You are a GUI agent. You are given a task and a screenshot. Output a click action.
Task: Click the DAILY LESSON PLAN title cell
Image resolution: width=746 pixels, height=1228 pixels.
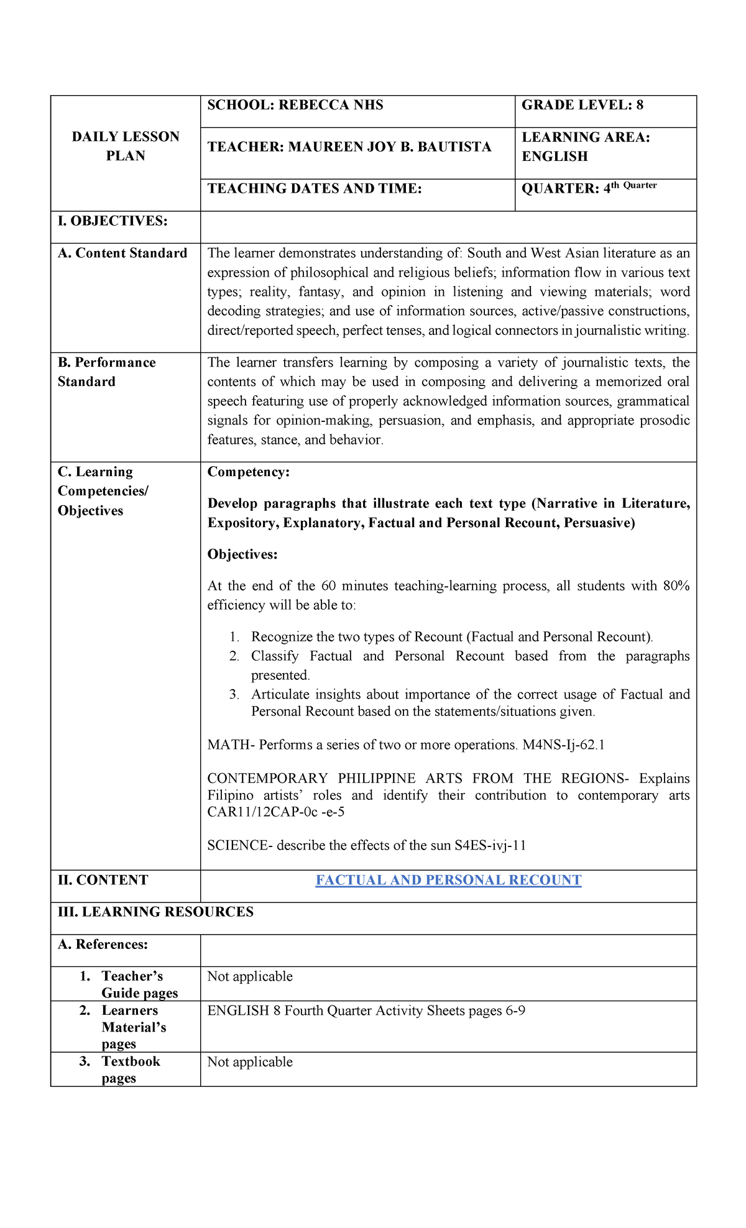pyautogui.click(x=126, y=146)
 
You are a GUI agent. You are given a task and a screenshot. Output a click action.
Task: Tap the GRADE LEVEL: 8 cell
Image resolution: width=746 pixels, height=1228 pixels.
pyautogui.click(x=582, y=105)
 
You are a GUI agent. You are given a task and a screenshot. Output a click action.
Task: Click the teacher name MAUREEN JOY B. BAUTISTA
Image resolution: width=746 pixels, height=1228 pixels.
pyautogui.click(x=389, y=147)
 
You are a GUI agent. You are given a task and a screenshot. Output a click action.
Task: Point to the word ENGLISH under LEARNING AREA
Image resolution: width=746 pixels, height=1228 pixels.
pyautogui.click(x=555, y=157)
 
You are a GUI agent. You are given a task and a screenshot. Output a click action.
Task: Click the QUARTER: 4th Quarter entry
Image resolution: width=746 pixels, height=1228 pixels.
pyautogui.click(x=589, y=188)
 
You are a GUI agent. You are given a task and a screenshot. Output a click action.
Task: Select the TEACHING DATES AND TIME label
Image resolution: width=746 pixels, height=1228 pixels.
pyautogui.click(x=315, y=188)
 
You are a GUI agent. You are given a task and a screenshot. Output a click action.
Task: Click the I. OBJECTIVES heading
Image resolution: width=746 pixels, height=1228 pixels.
pyautogui.click(x=113, y=221)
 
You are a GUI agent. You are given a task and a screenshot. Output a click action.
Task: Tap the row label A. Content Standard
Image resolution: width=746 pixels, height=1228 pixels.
pyautogui.click(x=122, y=253)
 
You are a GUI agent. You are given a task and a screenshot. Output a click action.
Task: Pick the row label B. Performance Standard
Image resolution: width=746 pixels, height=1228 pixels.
pyautogui.click(x=106, y=372)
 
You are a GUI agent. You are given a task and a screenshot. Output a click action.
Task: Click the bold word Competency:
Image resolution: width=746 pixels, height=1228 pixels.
pyautogui.click(x=249, y=472)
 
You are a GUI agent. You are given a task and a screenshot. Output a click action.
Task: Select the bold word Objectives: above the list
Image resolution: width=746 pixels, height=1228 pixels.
pyautogui.click(x=242, y=554)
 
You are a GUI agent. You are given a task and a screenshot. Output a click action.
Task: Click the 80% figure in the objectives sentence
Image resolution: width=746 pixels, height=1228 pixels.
pyautogui.click(x=675, y=586)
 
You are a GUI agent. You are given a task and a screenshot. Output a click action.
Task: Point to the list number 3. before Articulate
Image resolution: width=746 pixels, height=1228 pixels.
pyautogui.click(x=234, y=694)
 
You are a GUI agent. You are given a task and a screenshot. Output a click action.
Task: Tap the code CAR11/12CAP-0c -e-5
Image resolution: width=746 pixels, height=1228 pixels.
pyautogui.click(x=276, y=812)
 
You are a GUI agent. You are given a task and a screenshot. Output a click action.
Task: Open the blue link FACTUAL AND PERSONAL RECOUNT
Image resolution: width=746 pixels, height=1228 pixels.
pyautogui.click(x=448, y=880)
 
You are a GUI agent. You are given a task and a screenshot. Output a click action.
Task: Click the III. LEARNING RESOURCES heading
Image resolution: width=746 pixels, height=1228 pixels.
pyautogui.click(x=155, y=912)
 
